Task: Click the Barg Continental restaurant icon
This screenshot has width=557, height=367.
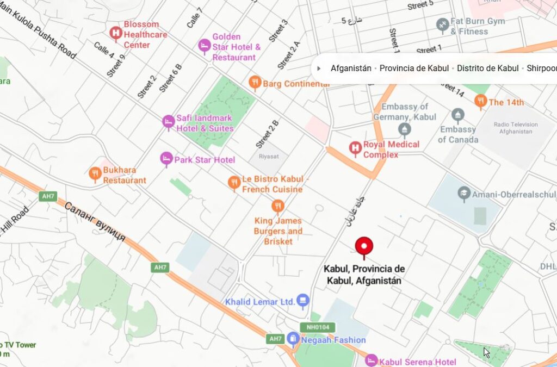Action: click(x=255, y=83)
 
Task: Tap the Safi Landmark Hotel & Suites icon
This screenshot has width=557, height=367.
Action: click(x=169, y=122)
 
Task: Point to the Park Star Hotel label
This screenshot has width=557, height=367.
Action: click(x=205, y=160)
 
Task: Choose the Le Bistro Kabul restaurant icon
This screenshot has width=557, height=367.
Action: click(x=234, y=183)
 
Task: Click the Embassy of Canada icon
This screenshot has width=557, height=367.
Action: click(x=457, y=116)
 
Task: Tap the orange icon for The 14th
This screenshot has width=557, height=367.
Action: click(x=480, y=102)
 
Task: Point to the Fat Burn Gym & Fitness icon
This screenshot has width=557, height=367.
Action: click(x=442, y=26)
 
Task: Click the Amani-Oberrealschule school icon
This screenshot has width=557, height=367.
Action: click(x=463, y=194)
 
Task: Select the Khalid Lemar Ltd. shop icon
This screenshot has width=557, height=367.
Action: click(x=303, y=301)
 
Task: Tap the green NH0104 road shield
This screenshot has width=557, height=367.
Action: click(x=317, y=327)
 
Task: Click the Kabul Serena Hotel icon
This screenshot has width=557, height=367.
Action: click(x=371, y=361)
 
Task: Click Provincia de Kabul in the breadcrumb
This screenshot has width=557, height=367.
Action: click(x=414, y=69)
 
